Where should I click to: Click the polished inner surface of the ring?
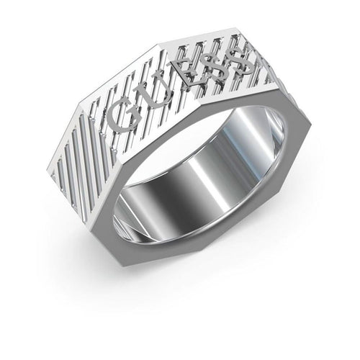[216, 180]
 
